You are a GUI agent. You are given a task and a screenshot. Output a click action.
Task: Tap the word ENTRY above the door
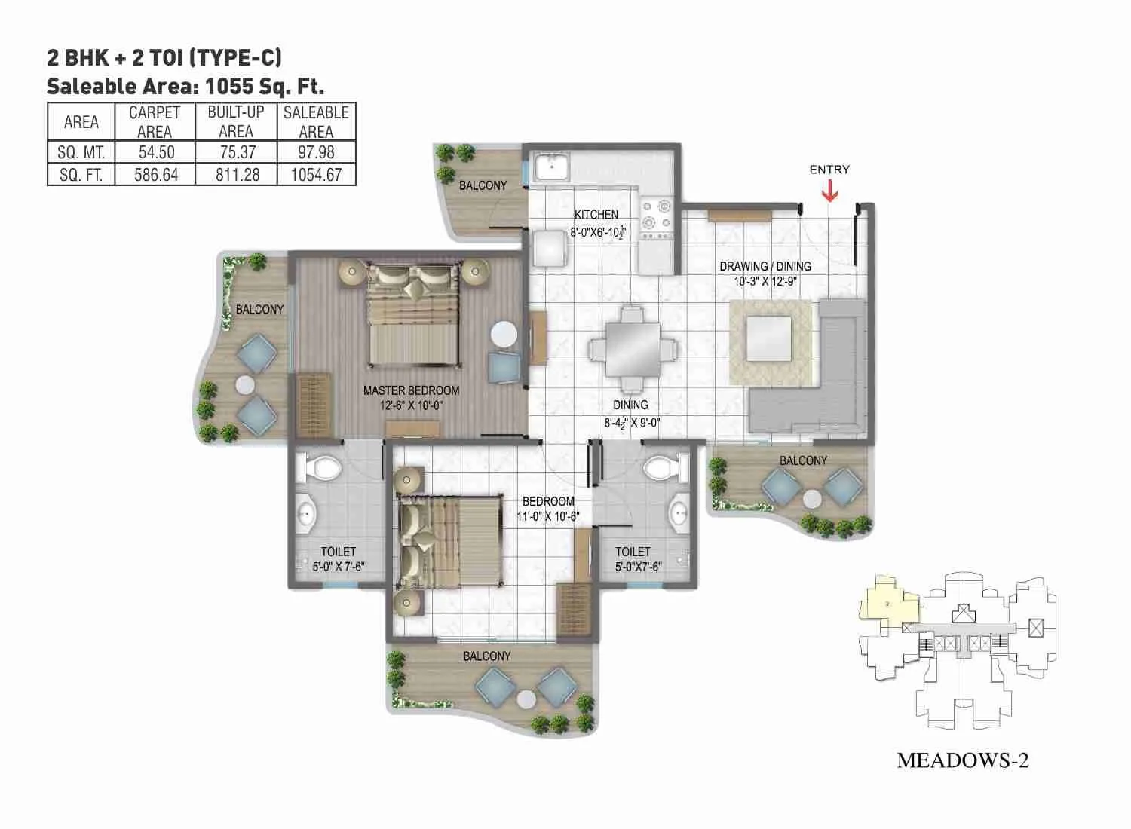click(829, 170)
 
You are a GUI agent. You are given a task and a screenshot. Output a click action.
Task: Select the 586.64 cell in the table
click(156, 175)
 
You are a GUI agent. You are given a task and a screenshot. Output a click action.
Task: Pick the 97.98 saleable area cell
click(316, 152)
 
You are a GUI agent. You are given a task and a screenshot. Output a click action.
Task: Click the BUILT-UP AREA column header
click(236, 121)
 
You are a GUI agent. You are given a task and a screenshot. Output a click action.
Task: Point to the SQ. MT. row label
click(81, 152)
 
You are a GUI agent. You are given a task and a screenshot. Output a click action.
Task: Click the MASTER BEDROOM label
click(411, 390)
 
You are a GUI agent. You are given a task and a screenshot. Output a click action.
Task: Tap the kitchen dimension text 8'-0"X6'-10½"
click(596, 232)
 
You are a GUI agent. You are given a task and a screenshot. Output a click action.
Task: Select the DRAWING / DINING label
click(765, 266)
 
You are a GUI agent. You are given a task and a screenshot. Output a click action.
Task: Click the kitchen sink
click(552, 166)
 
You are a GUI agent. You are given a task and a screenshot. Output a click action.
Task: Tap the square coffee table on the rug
click(769, 340)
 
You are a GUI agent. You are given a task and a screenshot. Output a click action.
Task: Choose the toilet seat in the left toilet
click(323, 467)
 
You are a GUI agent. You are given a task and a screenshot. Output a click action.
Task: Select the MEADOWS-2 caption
click(962, 760)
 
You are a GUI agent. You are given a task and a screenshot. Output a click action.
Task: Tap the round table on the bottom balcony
click(527, 698)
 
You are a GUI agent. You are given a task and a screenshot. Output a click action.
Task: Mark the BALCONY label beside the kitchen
click(483, 185)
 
